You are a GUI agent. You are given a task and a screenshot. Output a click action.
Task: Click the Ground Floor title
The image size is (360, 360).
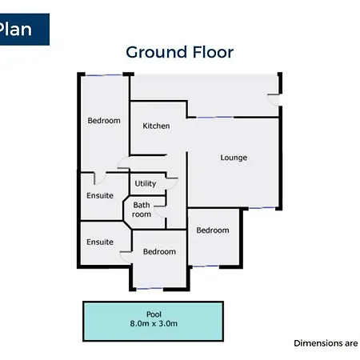pos(179,52)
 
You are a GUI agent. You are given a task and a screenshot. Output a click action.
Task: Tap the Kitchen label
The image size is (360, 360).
pos(156,126)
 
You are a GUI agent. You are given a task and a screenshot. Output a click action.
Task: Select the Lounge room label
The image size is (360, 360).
pos(234,158)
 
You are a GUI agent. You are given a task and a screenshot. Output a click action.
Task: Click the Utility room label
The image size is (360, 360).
pos(146,183)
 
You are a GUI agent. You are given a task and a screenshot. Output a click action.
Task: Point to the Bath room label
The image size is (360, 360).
pos(142,210)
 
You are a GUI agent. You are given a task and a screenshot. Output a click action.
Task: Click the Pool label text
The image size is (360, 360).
pos(154,314)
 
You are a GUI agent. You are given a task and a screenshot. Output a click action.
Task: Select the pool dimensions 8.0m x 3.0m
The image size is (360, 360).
pos(154,323)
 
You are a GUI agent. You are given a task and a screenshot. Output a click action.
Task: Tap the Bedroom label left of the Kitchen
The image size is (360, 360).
pos(104,121)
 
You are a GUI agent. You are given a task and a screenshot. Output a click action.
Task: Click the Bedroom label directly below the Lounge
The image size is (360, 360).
pos(213,230)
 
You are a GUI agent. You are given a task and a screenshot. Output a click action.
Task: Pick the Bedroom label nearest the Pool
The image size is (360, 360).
pos(159,251)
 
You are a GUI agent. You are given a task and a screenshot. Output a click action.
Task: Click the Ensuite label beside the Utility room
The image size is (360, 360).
pos(100,195)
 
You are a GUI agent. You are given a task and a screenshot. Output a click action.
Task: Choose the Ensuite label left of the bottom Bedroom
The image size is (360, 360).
pos(100,242)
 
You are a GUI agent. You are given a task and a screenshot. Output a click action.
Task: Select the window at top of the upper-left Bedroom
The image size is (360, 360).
pos(104,75)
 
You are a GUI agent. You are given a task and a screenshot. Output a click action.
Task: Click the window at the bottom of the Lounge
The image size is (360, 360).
pos(262,208)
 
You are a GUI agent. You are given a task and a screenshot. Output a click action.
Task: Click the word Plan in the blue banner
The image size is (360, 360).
pos(15,29)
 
